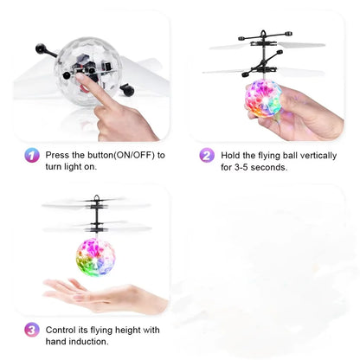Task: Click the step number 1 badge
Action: (32, 155)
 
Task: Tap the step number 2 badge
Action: (207, 155)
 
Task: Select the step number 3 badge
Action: (32, 330)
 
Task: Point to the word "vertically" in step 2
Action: (318, 156)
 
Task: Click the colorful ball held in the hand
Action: (263, 98)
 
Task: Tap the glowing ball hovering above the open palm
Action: (96, 257)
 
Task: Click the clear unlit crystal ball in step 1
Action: (87, 71)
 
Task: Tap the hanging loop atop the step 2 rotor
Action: (263, 34)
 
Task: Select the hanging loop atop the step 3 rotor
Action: (96, 198)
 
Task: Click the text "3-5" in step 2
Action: (241, 167)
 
